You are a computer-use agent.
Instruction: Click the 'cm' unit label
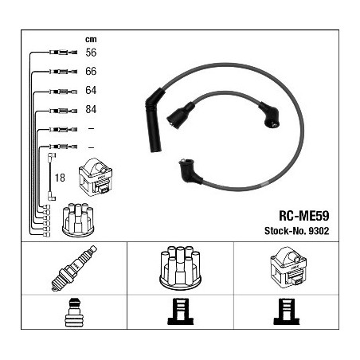pos(91,40)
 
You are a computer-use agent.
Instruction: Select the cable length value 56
pos(91,53)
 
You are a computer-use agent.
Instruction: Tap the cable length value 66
pos(91,72)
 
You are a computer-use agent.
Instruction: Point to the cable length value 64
pos(91,90)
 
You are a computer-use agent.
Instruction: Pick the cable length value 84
pos(91,109)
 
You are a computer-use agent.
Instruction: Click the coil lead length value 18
pos(60,178)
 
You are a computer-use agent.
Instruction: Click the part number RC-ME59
pos(303,216)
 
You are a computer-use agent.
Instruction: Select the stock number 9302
pos(319,231)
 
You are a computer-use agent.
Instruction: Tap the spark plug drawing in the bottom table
pos(74,268)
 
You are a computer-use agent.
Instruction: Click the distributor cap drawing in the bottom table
pos(180,268)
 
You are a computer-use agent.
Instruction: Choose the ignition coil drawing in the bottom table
pos(288,267)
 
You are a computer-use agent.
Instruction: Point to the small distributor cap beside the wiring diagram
pos(78,220)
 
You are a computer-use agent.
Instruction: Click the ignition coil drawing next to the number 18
pos(96,177)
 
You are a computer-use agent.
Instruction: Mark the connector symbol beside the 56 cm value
pos(63,53)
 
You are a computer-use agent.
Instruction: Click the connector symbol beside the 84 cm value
pos(63,111)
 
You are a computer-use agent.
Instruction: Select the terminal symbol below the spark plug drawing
pos(74,312)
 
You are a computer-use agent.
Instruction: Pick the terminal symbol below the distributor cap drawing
pos(181,311)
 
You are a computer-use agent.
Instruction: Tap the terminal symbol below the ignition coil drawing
pos(287,311)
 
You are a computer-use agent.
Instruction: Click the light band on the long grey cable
pos(264,183)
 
